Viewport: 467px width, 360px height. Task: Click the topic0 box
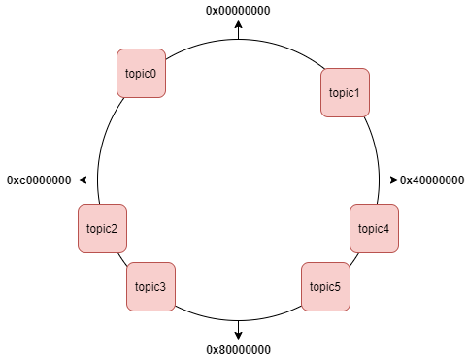(141, 73)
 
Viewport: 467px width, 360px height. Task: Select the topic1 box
(345, 93)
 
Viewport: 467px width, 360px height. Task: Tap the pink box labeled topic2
(102, 229)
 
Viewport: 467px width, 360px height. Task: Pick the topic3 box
(150, 287)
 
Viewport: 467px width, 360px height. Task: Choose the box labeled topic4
(374, 229)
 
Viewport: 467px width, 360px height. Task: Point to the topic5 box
(325, 287)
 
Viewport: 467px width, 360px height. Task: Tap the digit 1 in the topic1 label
(356, 93)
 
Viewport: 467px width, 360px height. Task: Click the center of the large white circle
(238, 180)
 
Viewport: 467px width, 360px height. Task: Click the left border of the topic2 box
(79, 229)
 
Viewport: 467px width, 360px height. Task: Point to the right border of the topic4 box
(398, 229)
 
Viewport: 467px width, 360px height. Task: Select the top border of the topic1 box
(345, 69)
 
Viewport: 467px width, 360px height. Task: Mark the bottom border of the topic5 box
(325, 311)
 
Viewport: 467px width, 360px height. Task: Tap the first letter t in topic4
(360, 229)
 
